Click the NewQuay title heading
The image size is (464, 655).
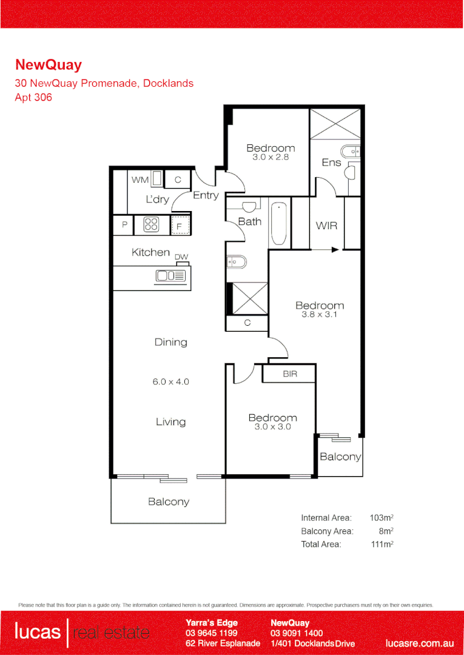pos(48,65)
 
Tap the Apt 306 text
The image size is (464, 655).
pos(33,97)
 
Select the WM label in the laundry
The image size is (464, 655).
pos(140,180)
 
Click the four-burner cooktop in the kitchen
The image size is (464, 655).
pos(151,225)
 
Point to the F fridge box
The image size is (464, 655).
pos(180,226)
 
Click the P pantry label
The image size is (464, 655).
pos(125,225)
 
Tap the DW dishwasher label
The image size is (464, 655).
pos(181,257)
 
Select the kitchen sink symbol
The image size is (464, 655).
pos(170,276)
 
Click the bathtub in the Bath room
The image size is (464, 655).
pos(278,223)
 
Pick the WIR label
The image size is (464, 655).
pos(326,226)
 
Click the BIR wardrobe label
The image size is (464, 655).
pos(290,374)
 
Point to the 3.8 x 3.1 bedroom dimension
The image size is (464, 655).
pos(319,315)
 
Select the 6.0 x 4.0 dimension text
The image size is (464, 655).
pos(170,381)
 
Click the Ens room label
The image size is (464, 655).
pos(331,163)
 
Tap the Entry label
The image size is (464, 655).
pos(206,195)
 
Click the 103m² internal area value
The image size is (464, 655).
pos(382,518)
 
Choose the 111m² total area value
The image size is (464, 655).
pos(382,544)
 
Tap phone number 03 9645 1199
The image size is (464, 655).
pos(212,633)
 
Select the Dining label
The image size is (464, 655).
pos(170,342)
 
